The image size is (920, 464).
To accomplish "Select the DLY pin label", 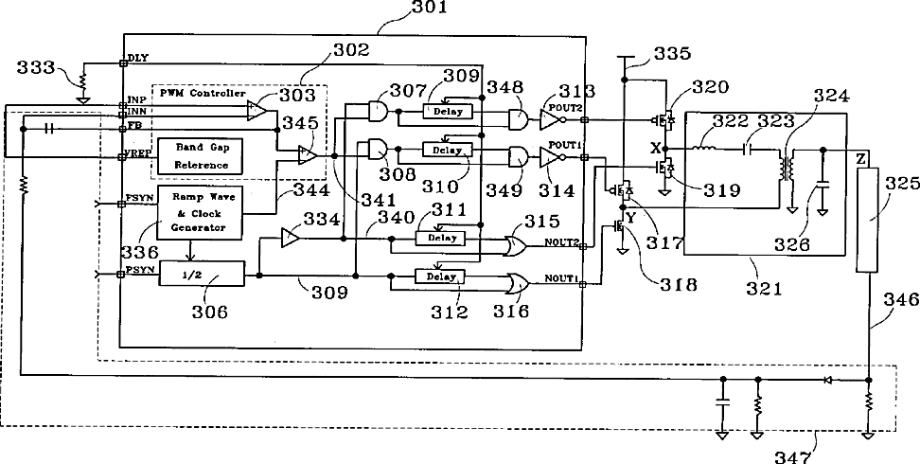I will (x=138, y=57).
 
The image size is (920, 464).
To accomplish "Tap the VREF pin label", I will (x=139, y=154).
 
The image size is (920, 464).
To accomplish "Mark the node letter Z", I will (x=860, y=159).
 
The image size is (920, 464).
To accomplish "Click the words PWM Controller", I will (x=203, y=95).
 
